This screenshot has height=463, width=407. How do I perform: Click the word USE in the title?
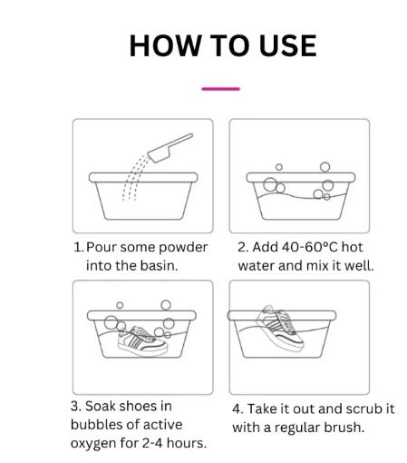pos(288,45)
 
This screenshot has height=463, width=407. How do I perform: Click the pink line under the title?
pos(220,89)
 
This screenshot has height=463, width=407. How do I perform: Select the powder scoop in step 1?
pos(170,148)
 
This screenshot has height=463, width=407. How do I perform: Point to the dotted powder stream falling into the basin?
pos(133,177)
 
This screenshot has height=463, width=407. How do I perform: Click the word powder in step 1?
pos(183,248)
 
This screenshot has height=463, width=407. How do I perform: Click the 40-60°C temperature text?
pos(309,247)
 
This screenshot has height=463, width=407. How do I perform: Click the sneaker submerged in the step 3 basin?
pos(142,341)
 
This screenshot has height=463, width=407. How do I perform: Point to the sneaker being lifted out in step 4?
pos(279,329)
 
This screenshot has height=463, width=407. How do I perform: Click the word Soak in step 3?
pos(99,406)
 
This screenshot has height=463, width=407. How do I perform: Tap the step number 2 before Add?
pos(241,247)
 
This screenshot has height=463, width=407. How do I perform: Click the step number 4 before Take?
pos(237,409)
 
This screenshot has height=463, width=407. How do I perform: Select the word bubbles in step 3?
pos(96,425)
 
